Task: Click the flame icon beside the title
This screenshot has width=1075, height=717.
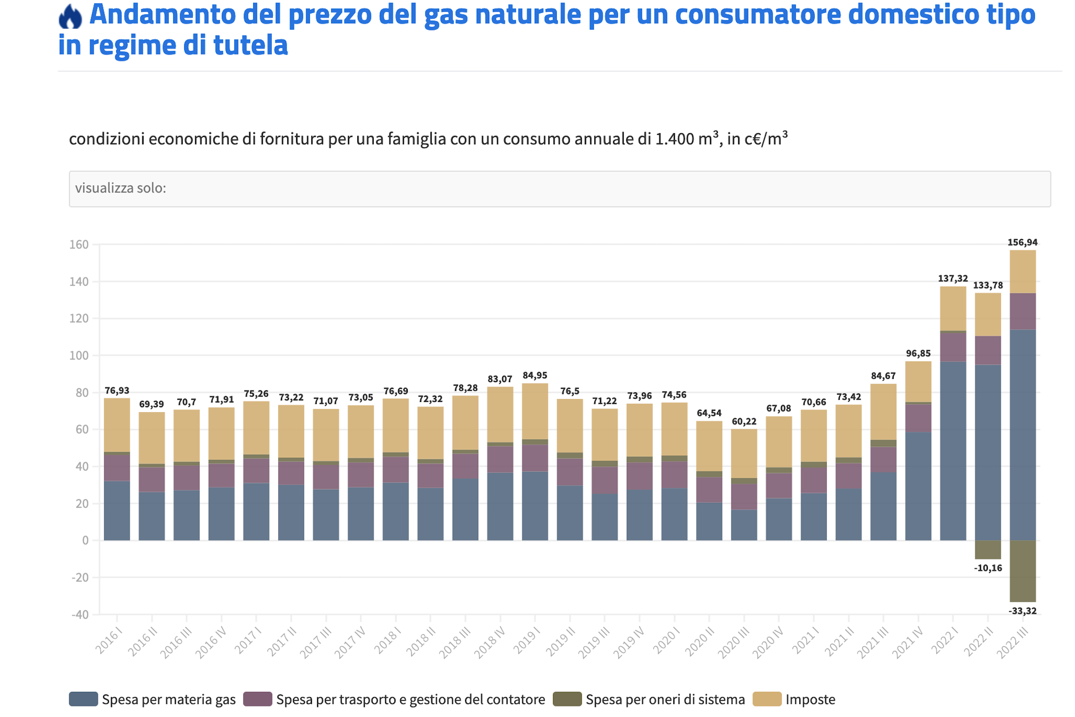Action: point(70,16)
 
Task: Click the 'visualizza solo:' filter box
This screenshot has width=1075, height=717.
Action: point(559,189)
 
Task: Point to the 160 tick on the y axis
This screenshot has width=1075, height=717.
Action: point(79,245)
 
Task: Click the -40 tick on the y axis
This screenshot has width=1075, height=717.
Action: point(80,615)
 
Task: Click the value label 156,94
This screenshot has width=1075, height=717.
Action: point(1022,242)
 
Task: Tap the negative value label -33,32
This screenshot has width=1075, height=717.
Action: point(1022,611)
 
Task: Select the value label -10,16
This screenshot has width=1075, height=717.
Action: point(988,568)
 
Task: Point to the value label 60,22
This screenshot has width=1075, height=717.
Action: point(744,421)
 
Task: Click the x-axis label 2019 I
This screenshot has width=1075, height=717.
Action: point(526,642)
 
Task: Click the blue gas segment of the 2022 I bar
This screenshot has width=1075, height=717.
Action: point(953,451)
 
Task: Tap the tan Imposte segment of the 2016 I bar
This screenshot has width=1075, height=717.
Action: point(117,425)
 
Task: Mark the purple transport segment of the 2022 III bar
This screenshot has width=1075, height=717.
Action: point(1022,311)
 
